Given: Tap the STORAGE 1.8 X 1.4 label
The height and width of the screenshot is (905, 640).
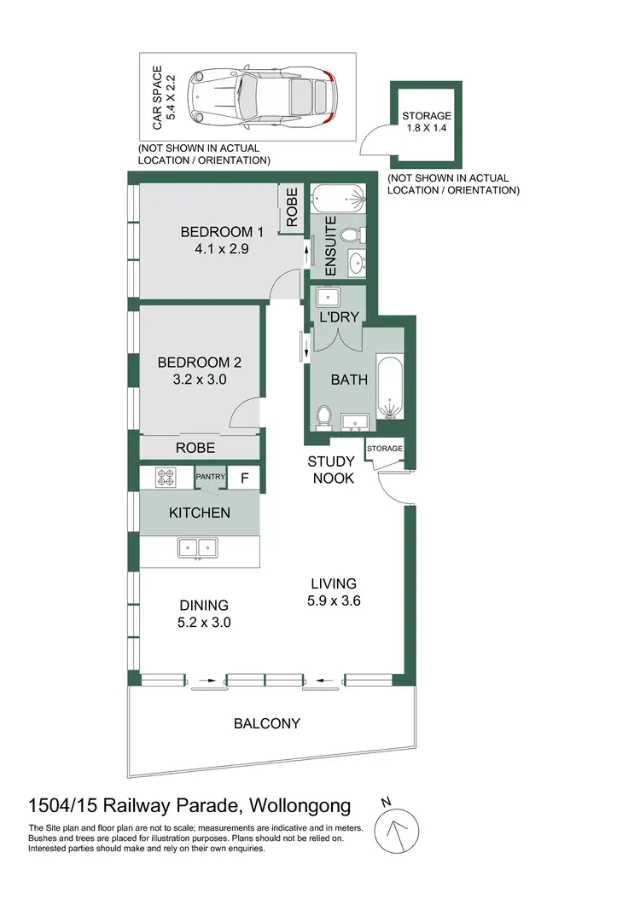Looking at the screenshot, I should pos(426,123).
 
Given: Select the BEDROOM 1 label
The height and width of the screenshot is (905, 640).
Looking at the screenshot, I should pos(222,232).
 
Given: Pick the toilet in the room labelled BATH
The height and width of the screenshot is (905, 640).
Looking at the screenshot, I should pos(324,416).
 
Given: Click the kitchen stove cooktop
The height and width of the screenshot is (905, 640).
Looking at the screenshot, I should pos(165,479).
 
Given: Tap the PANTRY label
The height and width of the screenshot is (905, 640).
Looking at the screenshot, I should pos(210,478).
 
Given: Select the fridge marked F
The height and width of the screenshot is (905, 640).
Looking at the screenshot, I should pos(244,479).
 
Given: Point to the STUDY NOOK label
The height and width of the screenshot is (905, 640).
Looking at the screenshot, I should pos(332,470).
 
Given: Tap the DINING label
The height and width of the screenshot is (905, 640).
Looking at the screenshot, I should pos(199,606).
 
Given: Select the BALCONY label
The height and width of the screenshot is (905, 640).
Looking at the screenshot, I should pos(267,724).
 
